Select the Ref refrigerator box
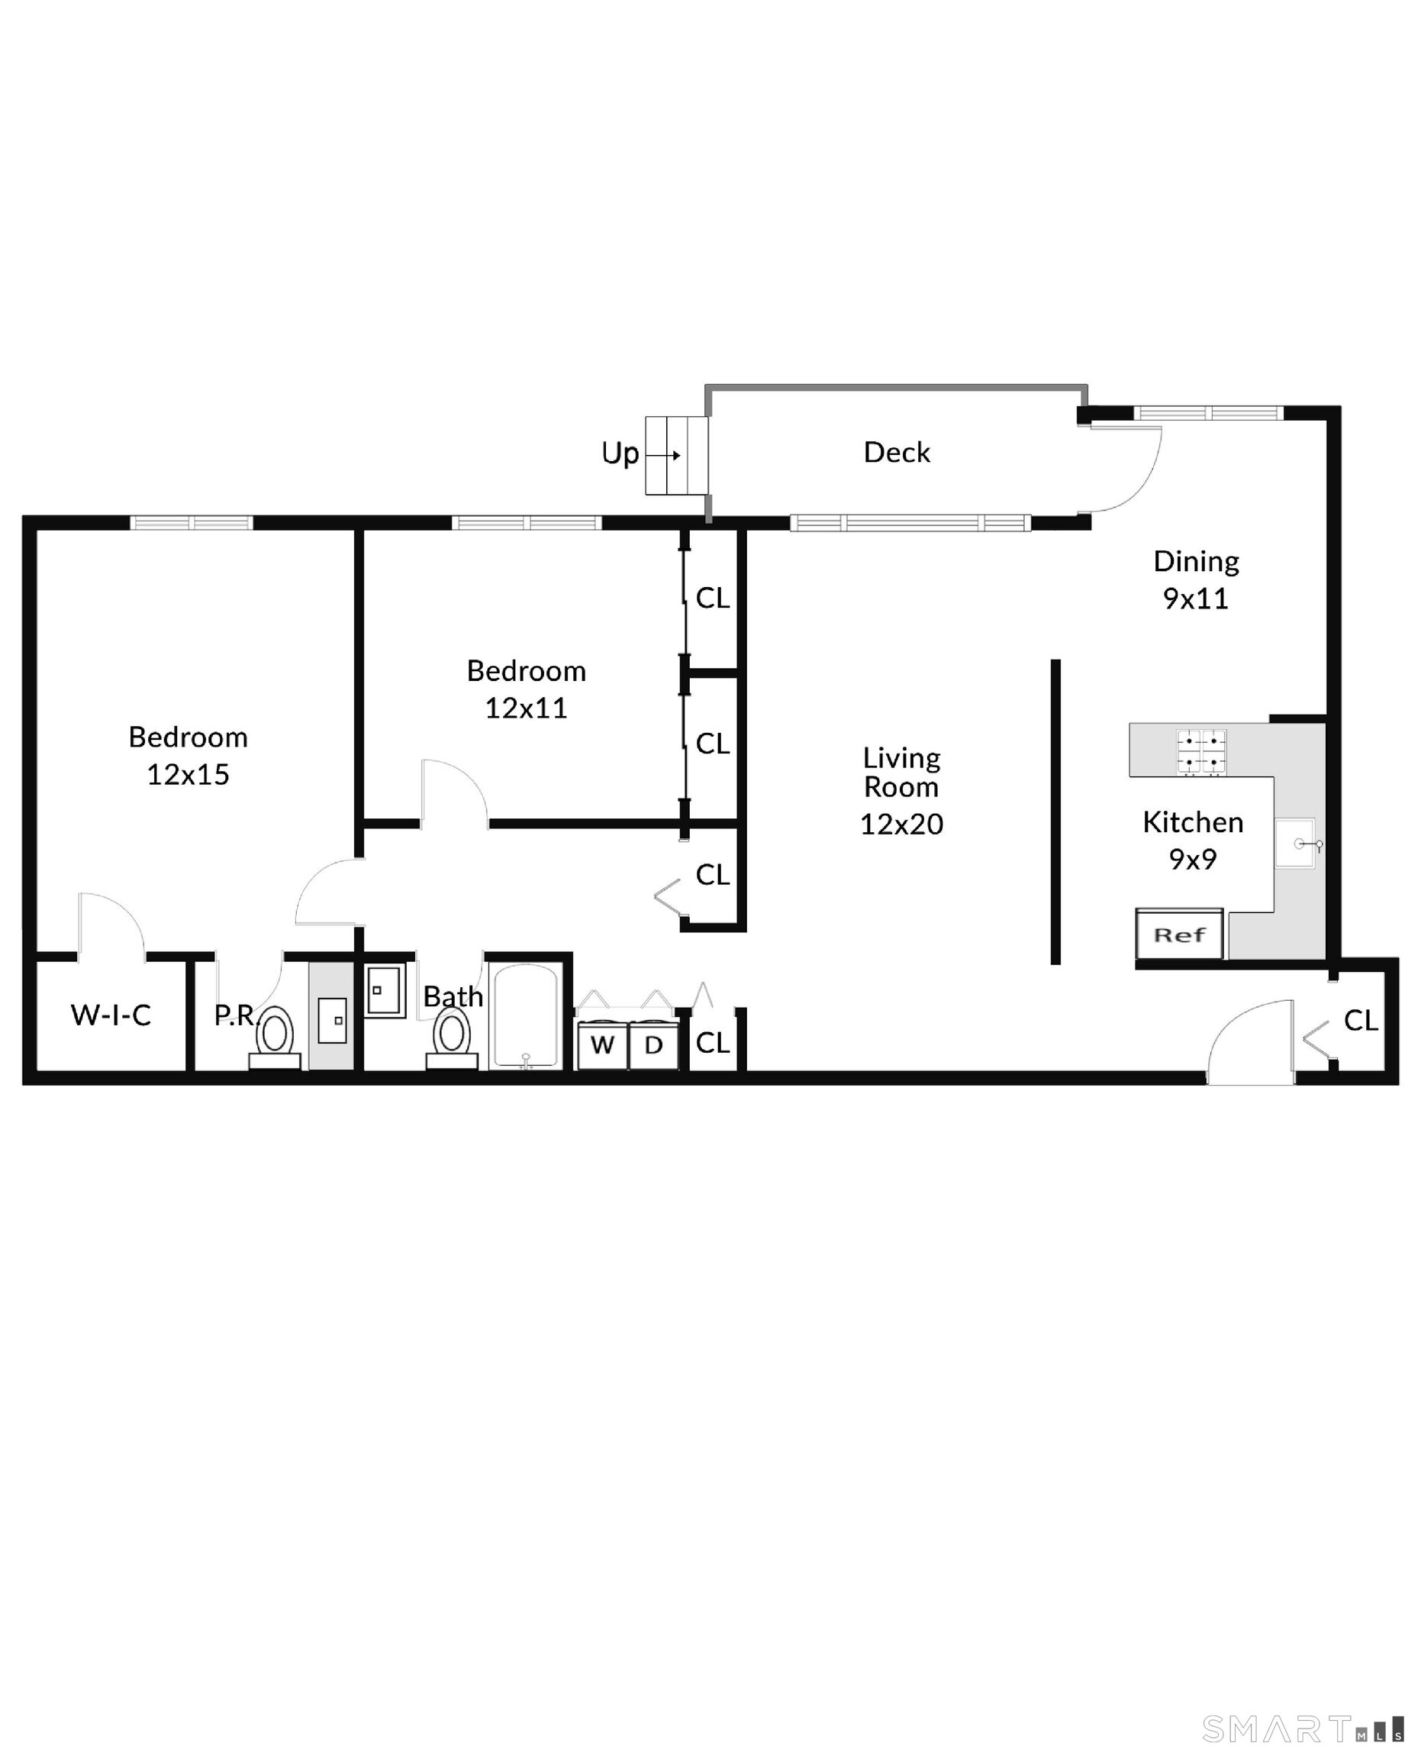point(1179,934)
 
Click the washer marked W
point(602,1044)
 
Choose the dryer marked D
point(653,1044)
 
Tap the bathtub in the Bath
point(526,1016)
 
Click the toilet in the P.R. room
point(275,1037)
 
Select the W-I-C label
point(111,1015)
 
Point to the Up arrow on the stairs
point(664,455)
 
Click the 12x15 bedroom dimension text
point(188,775)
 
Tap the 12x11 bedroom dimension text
point(527,708)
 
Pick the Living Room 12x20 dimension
point(901,824)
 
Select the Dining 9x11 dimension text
point(1196,599)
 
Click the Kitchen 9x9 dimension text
point(1193,860)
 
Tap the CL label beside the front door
point(1361,1020)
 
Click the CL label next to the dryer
point(712,1044)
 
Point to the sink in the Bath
point(384,991)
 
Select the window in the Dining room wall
point(1210,413)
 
